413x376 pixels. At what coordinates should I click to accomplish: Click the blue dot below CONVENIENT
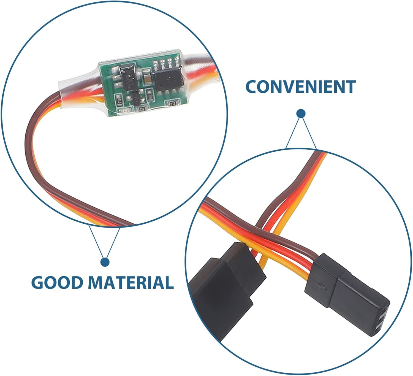[x=301, y=113]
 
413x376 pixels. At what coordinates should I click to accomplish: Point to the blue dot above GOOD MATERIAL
[x=105, y=262]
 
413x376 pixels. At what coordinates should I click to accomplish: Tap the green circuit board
[x=142, y=82]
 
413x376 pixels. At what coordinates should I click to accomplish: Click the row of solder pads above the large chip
[x=166, y=63]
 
